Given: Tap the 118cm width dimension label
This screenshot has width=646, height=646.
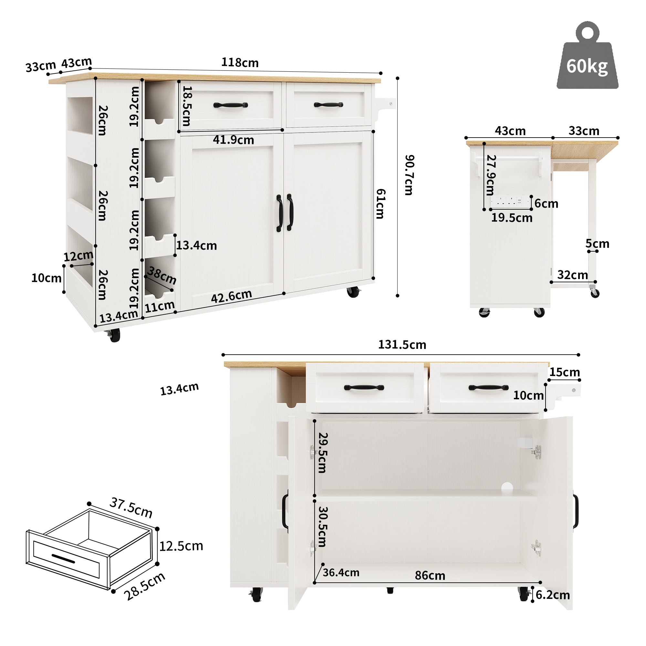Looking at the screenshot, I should (x=240, y=63).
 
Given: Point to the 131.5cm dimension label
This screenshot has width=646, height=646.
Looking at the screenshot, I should (x=402, y=345).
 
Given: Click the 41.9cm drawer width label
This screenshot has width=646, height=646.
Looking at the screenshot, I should (x=234, y=140).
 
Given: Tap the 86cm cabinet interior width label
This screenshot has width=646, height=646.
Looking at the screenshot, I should (x=430, y=576).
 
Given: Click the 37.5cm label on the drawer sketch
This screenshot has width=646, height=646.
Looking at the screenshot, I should (x=131, y=507).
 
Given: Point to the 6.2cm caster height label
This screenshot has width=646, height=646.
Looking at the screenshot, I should (x=553, y=595).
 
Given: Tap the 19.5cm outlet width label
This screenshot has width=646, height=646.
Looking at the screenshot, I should (x=512, y=218).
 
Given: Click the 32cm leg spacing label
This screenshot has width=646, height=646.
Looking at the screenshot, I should (x=572, y=275).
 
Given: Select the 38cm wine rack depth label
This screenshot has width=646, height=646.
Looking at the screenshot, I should (x=162, y=276).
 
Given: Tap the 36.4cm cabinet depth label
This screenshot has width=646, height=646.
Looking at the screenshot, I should (x=341, y=572).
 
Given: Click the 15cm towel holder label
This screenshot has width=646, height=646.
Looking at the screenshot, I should (x=565, y=372).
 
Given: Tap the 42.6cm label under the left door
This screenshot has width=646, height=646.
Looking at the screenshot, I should (x=231, y=296).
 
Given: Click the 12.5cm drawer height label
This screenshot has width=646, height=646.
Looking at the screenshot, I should (x=181, y=546).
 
